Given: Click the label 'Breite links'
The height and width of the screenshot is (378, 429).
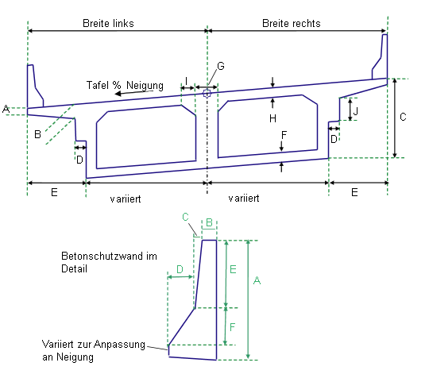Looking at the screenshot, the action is [108, 23].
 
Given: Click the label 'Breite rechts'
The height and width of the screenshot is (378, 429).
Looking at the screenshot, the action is [291, 23].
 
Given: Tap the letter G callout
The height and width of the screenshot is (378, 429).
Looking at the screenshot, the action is [221, 66].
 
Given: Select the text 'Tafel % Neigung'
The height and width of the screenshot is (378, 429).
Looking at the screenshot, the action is [125, 85].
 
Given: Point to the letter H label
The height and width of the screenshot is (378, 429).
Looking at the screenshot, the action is [272, 118].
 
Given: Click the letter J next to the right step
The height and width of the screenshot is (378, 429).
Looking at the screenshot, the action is [356, 111].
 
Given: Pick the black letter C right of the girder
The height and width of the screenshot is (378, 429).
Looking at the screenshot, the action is [403, 117].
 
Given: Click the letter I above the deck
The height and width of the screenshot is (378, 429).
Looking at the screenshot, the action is [187, 81].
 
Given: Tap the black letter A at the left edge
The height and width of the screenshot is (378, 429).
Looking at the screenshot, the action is [6, 109].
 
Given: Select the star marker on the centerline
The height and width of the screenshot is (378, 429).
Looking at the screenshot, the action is [207, 94].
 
